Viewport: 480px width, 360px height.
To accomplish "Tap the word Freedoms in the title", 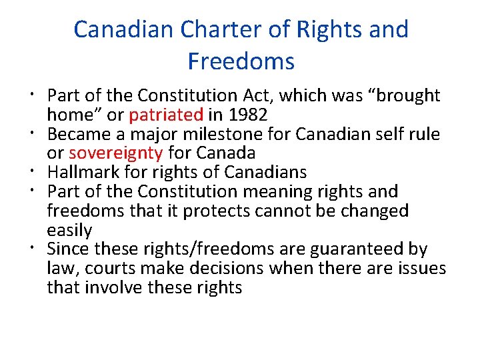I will (x=241, y=61).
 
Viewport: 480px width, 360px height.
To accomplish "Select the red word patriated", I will (x=165, y=115).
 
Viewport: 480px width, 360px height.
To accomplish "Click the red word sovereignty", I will (x=116, y=153).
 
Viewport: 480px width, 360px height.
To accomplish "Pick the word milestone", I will (x=219, y=134).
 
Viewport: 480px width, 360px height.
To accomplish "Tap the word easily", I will (x=69, y=230).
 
